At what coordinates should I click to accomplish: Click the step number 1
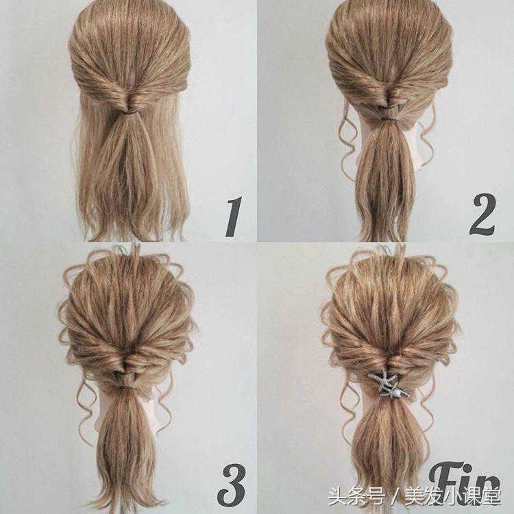(x=234, y=217)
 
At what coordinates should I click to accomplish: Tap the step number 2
(x=482, y=215)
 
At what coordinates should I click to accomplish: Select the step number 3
(x=232, y=485)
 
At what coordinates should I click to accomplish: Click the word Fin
(x=465, y=481)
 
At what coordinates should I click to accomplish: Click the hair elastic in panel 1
(x=130, y=112)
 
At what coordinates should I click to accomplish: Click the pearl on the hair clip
(x=397, y=389)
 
